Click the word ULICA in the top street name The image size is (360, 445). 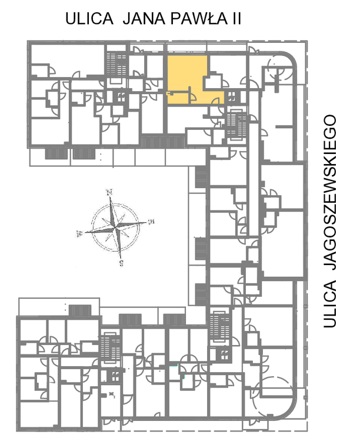tap(89, 19)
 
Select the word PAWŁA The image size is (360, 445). tap(199, 19)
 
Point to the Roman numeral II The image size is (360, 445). tap(237, 19)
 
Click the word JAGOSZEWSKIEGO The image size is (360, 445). tap(330, 192)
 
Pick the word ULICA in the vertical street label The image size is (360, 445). tap(330, 304)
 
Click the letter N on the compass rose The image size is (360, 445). tap(109, 192)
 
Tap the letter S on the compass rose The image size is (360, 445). tap(122, 263)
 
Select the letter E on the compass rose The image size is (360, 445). tap(152, 221)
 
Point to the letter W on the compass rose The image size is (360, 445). tap(79, 233)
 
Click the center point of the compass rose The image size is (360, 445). tap(115, 227)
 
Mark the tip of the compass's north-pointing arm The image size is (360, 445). tap(110, 196)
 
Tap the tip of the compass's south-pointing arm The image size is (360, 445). tap(121, 259)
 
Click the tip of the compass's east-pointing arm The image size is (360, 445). tap(147, 222)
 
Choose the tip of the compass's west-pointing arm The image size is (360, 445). tap(84, 233)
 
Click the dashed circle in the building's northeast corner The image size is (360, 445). tap(279, 68)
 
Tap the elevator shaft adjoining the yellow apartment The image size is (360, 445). tap(232, 96)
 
